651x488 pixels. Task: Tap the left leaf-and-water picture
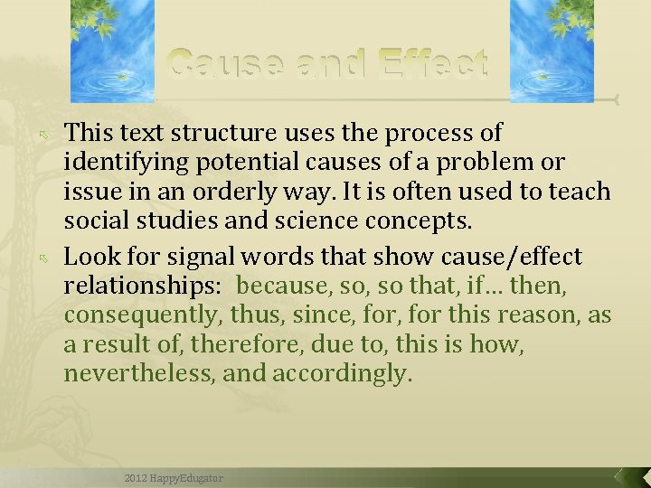(113, 50)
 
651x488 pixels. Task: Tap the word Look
(87, 257)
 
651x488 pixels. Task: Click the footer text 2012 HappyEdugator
(174, 478)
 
